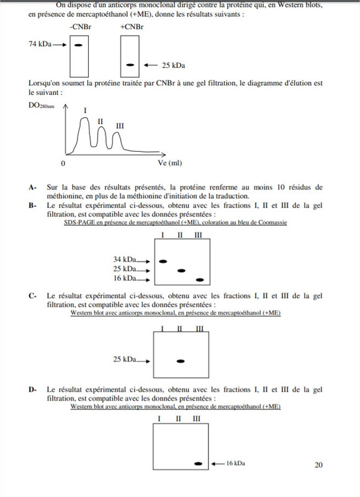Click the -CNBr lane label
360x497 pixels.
(x=79, y=28)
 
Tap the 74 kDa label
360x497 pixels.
(x=38, y=45)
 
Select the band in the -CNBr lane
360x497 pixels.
(x=79, y=45)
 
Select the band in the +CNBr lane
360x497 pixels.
(x=130, y=65)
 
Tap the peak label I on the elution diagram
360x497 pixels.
(x=84, y=110)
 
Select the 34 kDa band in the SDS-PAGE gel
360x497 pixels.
(x=164, y=261)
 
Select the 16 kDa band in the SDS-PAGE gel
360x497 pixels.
(x=199, y=279)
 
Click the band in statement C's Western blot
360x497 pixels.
(x=181, y=360)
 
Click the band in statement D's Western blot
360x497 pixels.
(x=199, y=463)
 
